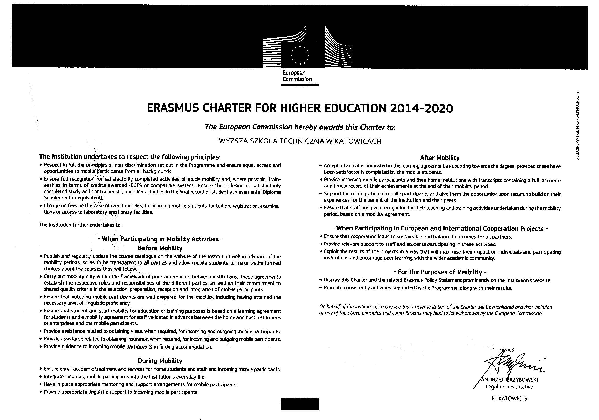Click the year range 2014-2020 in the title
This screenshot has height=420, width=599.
pyautogui.click(x=422, y=108)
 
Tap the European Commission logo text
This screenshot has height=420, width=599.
pyautogui.click(x=297, y=76)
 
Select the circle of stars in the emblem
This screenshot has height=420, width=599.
pyautogui.click(x=300, y=56)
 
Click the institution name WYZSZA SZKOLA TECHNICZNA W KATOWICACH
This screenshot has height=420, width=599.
pyautogui.click(x=300, y=141)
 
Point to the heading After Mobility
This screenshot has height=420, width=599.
pyautogui.click(x=440, y=158)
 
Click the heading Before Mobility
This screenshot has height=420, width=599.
pyautogui.click(x=160, y=248)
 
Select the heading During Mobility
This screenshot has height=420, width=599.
pyautogui.click(x=160, y=361)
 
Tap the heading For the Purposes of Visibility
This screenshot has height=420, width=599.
pyautogui.click(x=440, y=272)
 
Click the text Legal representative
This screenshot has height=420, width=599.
pyautogui.click(x=509, y=387)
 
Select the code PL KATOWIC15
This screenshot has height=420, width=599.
pyautogui.click(x=509, y=398)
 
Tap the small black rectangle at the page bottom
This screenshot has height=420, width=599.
pyautogui.click(x=300, y=404)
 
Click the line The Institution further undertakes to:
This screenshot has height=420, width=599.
pyautogui.click(x=80, y=225)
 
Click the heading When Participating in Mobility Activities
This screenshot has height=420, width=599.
pyautogui.click(x=160, y=239)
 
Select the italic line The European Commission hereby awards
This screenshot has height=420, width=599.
pyautogui.click(x=300, y=127)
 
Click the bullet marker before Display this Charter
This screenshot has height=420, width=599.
pyautogui.click(x=321, y=280)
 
